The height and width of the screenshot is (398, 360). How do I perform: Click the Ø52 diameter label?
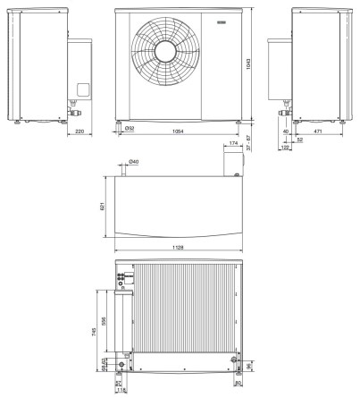coord(130,129)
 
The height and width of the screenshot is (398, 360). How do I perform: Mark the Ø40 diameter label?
coord(133,162)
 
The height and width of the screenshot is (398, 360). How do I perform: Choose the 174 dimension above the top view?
coord(234,143)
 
